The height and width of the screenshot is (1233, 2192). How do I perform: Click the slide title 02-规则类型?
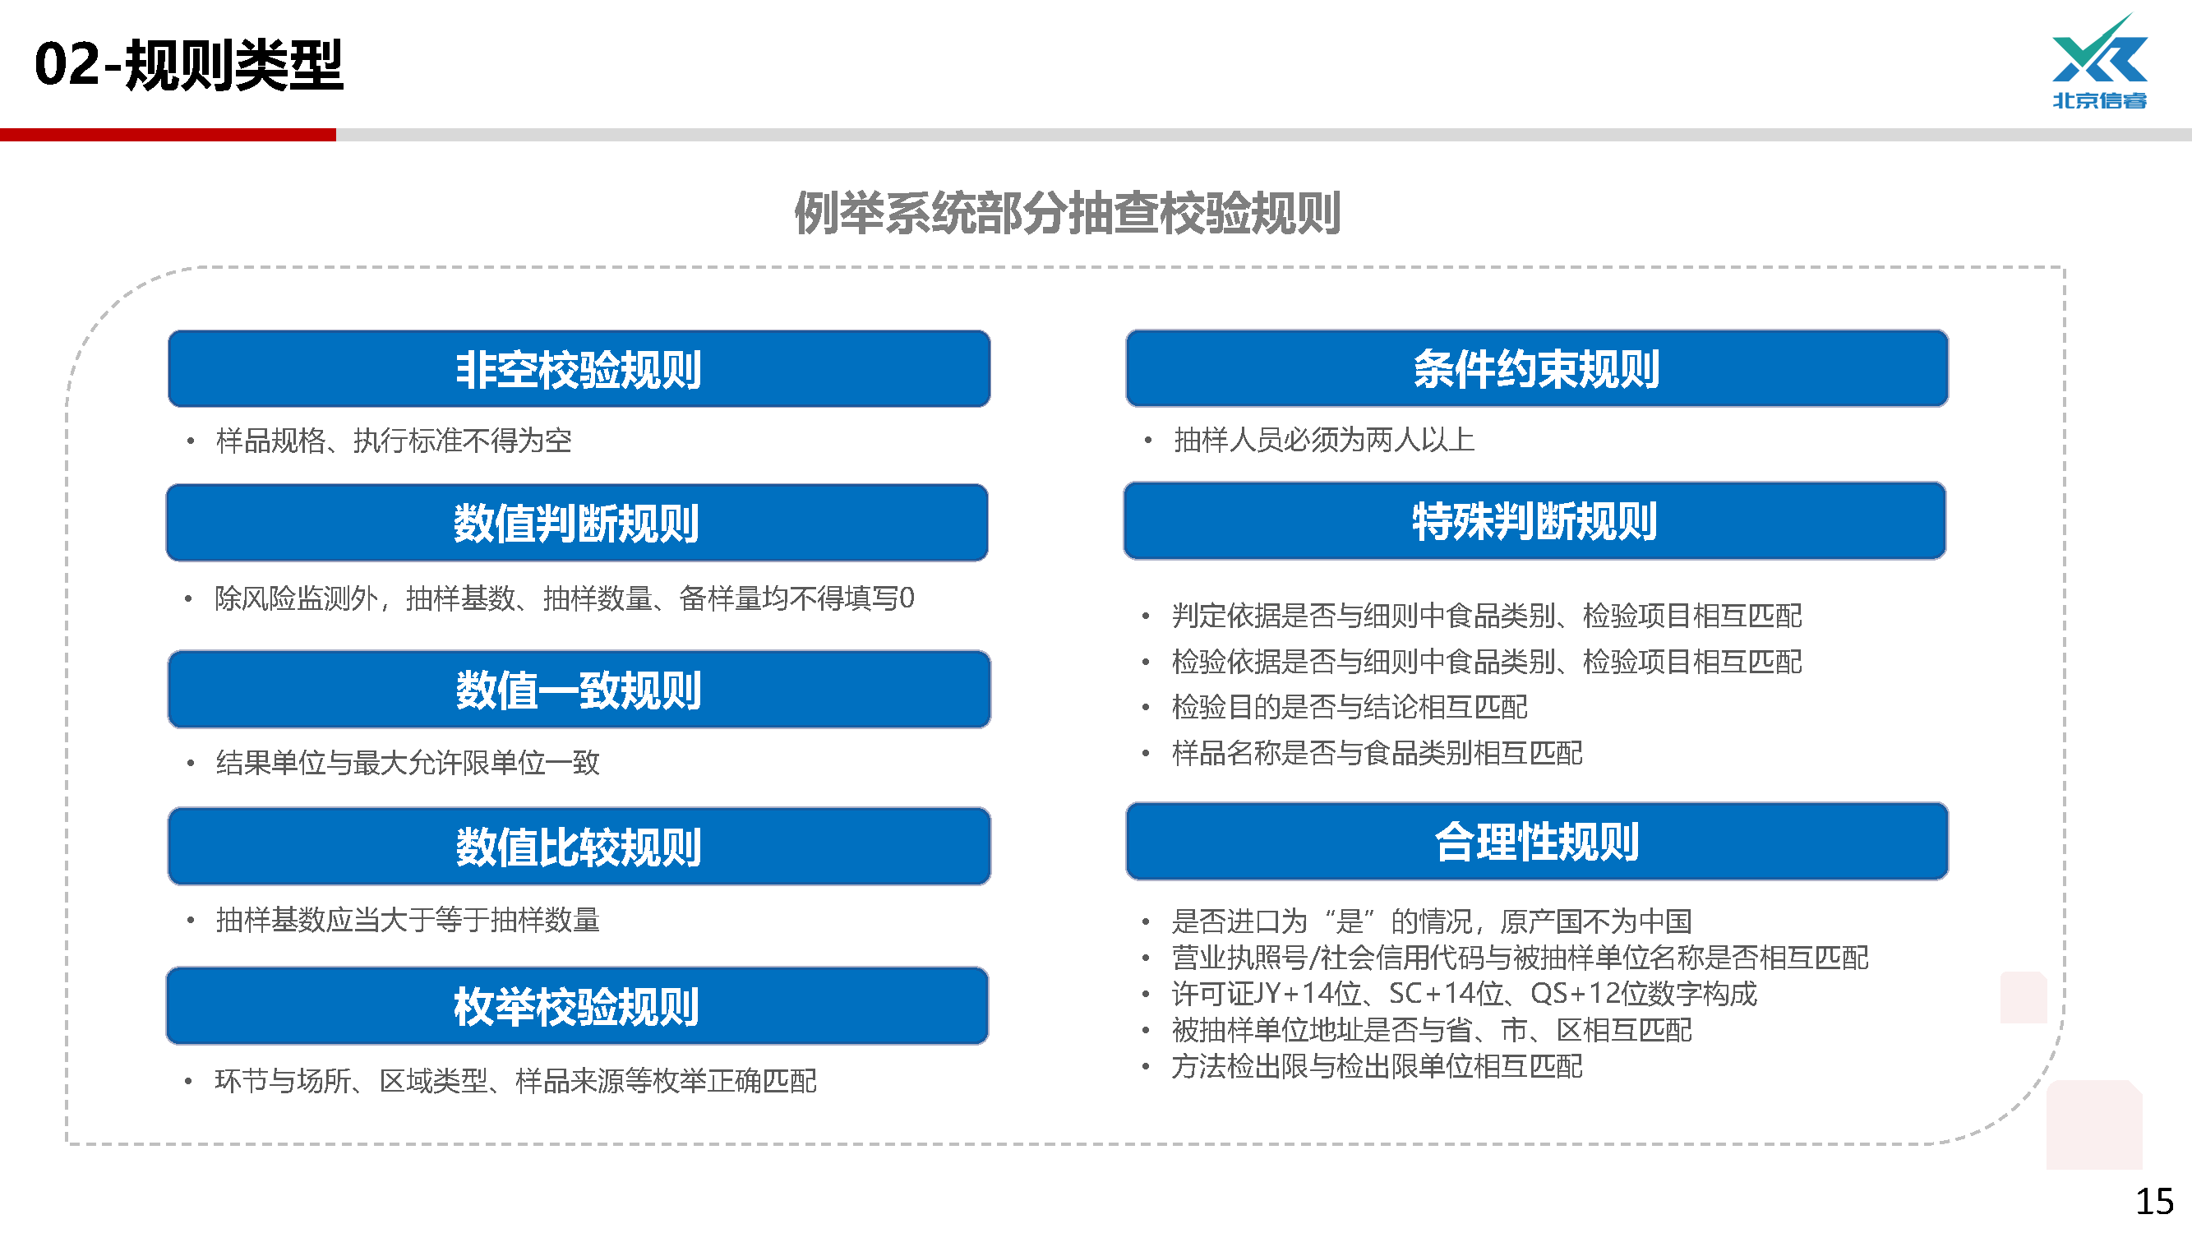point(188,65)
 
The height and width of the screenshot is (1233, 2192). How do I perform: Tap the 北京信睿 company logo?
point(2099,62)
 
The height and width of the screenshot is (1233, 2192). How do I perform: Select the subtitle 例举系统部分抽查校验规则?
point(1067,213)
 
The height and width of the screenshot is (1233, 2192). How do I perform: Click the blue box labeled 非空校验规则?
point(579,368)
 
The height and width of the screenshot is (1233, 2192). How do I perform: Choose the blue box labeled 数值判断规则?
point(577,523)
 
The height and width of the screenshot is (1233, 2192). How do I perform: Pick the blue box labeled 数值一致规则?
point(579,690)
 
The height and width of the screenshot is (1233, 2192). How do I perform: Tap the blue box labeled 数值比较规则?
point(579,846)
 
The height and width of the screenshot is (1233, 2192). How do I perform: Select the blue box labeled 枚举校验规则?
point(577,1006)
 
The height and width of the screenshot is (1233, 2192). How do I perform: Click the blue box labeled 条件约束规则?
point(1537,368)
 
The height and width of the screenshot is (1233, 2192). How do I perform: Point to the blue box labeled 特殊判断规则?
point(1534,521)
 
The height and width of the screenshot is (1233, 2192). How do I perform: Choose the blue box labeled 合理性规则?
point(1537,842)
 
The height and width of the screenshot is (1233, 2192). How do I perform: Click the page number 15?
point(2154,1202)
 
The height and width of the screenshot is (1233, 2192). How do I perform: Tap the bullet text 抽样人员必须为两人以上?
point(1324,440)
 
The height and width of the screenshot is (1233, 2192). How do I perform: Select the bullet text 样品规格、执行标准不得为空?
point(394,441)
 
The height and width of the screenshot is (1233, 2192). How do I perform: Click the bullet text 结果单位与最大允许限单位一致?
point(408,763)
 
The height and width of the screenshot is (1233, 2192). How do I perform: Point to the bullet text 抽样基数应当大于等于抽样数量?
point(408,920)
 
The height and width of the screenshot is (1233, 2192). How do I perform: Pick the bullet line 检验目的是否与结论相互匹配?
point(1350,707)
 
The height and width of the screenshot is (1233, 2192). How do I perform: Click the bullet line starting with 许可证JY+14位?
point(1464,994)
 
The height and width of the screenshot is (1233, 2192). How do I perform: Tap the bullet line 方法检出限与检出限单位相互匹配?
point(1377,1066)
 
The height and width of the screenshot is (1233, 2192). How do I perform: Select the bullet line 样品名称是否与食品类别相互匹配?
point(1377,753)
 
